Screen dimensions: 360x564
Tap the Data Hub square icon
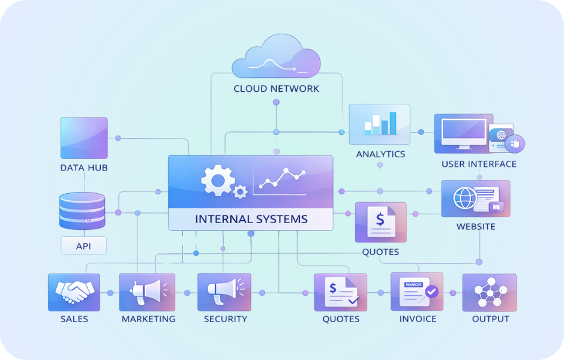84,138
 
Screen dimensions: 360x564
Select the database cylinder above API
82,211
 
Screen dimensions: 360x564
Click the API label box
83,245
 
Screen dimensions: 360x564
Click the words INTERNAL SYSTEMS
251,219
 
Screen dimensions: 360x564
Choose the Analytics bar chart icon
379,124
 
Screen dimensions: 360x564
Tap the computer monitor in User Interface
463,133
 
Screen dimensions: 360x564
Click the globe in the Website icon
466,198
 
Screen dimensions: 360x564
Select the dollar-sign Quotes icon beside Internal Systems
380,221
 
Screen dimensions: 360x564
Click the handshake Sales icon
74,292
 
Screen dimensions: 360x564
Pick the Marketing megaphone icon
147,292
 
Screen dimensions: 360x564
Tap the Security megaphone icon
224,292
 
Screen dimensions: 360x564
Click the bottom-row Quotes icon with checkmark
340,292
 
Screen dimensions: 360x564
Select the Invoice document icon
417,292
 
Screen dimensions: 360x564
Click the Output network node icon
489,292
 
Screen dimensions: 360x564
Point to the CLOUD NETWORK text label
276,89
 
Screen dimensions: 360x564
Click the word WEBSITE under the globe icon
476,227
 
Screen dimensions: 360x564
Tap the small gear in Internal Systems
240,191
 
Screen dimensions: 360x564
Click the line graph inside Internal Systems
284,178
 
